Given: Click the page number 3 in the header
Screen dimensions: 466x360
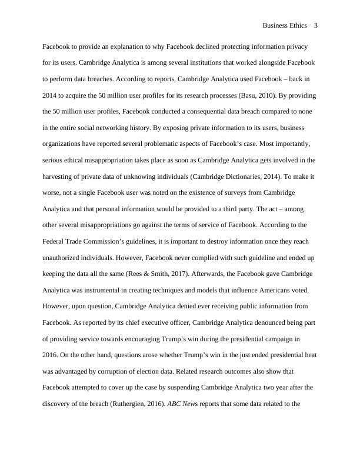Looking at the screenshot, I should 316,25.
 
